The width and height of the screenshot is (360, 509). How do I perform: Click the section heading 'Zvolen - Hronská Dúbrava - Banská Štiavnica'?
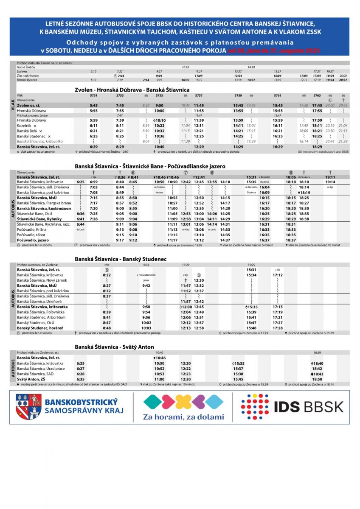point(132,90)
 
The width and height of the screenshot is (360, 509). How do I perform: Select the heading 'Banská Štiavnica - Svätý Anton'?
point(114,347)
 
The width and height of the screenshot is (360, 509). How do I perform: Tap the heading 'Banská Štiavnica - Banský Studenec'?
point(121,259)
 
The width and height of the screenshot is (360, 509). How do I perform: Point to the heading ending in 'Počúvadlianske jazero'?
point(150,166)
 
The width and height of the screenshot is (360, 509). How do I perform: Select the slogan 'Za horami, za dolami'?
point(183,417)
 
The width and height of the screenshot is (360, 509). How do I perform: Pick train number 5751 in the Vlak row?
point(94,96)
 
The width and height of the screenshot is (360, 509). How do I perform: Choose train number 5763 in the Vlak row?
point(317,96)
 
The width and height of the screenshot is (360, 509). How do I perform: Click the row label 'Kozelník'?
point(25,126)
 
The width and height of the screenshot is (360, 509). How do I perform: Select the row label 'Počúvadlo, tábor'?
point(32,235)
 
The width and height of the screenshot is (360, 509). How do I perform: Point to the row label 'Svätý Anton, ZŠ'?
point(32,379)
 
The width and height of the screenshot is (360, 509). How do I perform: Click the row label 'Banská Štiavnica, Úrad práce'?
point(41,369)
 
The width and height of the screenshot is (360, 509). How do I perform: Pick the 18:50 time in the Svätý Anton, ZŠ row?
point(317,379)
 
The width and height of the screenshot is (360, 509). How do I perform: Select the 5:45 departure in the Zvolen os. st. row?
point(94,105)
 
